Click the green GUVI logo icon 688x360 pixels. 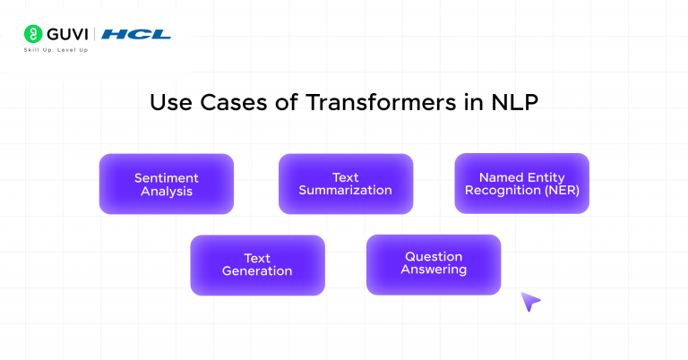tap(31, 35)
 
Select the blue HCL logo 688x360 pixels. tap(135, 35)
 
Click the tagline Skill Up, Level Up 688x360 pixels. tap(56, 50)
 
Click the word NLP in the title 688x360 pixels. tap(514, 102)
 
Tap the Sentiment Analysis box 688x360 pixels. tap(166, 184)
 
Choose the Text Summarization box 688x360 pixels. tap(345, 184)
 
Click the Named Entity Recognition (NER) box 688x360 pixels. tap(521, 183)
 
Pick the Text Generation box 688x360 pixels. tap(257, 264)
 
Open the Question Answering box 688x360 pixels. tap(434, 263)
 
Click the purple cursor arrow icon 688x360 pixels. tap(530, 302)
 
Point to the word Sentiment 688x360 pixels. tap(166, 177)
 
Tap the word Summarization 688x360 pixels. tap(345, 191)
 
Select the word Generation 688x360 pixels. tap(257, 271)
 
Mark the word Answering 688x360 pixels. tap(434, 270)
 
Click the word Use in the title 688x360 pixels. tap(168, 102)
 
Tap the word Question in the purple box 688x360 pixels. tap(434, 257)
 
